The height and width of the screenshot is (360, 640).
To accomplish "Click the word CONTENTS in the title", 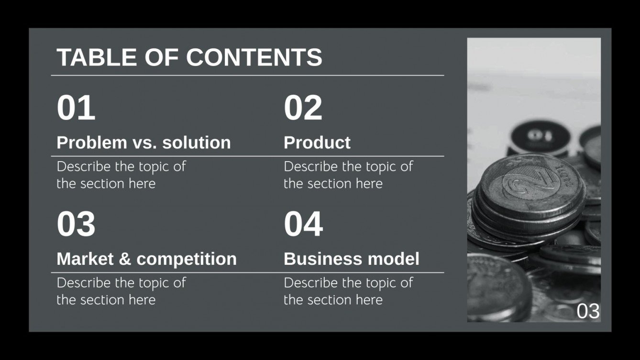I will [254, 57].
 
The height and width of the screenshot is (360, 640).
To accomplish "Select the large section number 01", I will [76, 108].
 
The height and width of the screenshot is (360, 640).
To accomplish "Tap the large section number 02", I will [303, 108].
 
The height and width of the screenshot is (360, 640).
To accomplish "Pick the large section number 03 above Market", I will [76, 224].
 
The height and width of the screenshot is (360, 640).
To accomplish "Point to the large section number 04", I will [303, 224].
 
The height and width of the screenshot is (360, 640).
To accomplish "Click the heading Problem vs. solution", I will [143, 142].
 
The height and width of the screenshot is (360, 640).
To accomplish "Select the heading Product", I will [317, 142].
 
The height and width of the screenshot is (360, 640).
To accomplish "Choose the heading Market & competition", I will [146, 259].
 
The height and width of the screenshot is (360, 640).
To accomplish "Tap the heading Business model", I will [352, 259].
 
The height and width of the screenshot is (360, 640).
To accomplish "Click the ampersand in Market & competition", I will [124, 259].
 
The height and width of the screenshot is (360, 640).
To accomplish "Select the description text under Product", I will [348, 175].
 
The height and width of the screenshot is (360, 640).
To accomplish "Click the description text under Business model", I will [348, 291].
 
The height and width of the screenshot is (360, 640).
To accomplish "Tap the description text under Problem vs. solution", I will [121, 175].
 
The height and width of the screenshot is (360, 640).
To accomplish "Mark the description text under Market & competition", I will [121, 291].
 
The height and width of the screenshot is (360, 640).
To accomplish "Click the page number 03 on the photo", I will [588, 311].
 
